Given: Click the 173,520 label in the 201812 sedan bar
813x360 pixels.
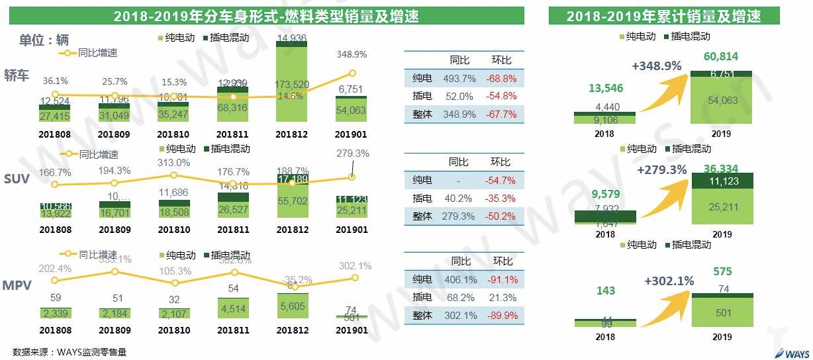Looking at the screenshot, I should pyautogui.click(x=293, y=85).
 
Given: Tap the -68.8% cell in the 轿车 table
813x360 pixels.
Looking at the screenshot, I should pyautogui.click(x=501, y=78).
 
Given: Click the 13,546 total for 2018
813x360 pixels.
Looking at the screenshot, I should pyautogui.click(x=605, y=87).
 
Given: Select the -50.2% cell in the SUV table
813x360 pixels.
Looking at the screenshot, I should pyautogui.click(x=501, y=216).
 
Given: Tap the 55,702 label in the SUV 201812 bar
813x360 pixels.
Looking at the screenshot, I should pyautogui.click(x=292, y=203).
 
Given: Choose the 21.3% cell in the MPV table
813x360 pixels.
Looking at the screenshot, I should pyautogui.click(x=501, y=298).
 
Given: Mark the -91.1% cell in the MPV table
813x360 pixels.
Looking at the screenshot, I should pyautogui.click(x=501, y=280).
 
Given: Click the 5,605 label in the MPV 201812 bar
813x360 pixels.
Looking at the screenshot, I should pyautogui.click(x=292, y=306).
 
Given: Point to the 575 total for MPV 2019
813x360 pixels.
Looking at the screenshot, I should pyautogui.click(x=722, y=271).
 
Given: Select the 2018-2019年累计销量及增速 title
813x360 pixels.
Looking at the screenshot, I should pyautogui.click(x=663, y=16).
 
